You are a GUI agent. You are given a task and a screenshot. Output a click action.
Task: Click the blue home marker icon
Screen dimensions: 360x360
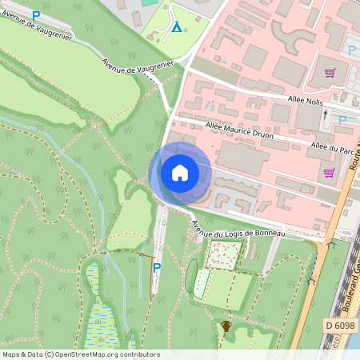(x=180, y=172)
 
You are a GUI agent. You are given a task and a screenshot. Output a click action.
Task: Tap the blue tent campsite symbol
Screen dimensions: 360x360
(x=176, y=28)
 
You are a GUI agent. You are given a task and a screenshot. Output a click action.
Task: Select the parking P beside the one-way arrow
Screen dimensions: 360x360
(x=342, y=120)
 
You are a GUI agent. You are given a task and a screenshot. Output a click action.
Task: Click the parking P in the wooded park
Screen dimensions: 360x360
(x=157, y=268)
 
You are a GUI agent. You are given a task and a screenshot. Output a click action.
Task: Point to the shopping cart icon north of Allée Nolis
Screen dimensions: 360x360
(x=329, y=73)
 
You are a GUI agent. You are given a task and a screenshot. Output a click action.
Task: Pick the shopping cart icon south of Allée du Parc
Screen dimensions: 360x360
(x=328, y=172)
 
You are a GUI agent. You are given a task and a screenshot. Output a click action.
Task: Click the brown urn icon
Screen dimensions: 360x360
(x=226, y=326)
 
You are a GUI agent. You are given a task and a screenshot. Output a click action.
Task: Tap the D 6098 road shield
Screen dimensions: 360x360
(x=341, y=326)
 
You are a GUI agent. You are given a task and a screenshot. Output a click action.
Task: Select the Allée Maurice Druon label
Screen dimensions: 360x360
(x=240, y=130)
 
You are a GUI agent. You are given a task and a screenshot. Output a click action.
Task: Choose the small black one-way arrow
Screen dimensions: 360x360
(x=325, y=114)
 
